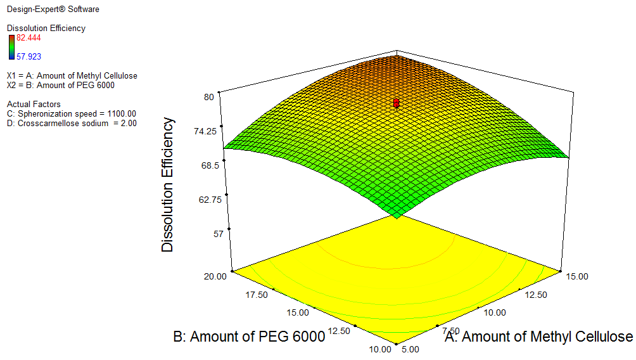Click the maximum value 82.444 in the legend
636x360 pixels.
[x=28, y=37]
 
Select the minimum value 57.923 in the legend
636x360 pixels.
[x=28, y=56]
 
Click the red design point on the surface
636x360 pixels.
[x=397, y=102]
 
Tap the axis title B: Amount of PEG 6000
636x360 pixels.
[x=249, y=336]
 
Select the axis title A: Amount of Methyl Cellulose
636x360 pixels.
[x=539, y=337]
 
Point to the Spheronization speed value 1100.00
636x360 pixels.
[x=118, y=113]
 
